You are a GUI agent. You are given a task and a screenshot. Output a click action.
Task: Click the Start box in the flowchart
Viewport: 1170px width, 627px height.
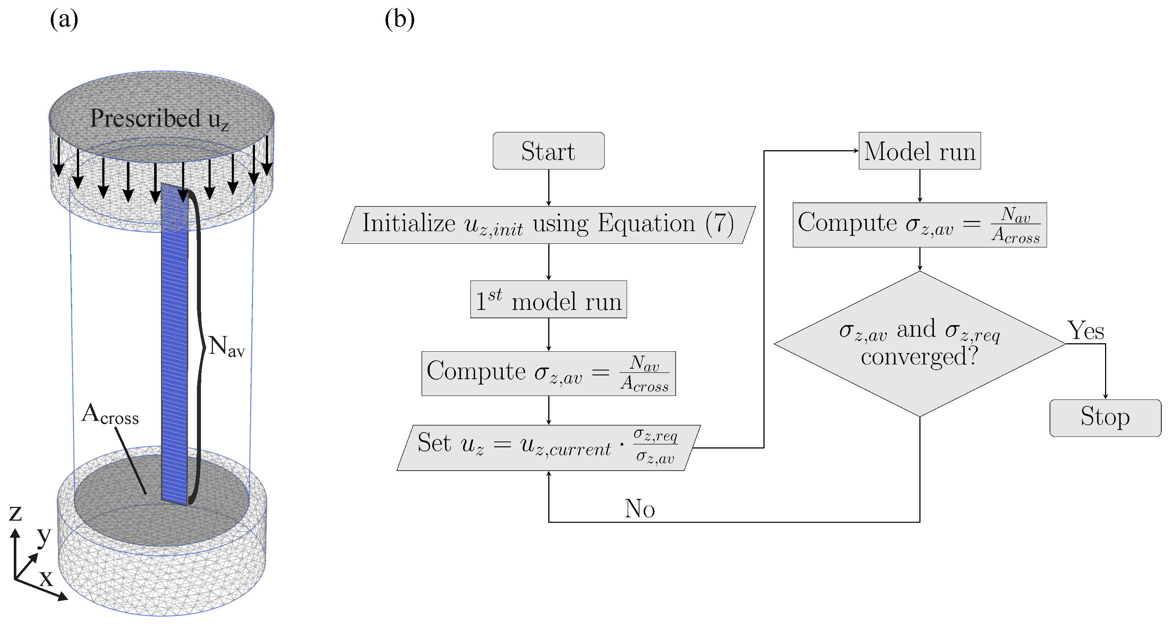(x=548, y=151)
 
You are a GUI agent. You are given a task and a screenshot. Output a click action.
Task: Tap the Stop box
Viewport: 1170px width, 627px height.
(x=1105, y=418)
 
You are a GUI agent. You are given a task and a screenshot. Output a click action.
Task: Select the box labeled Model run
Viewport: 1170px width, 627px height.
(x=919, y=151)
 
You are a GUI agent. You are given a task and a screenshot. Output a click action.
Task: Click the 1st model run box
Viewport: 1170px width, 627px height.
(x=548, y=299)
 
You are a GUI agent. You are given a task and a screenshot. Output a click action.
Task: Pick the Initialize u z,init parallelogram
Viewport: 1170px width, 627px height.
(x=548, y=225)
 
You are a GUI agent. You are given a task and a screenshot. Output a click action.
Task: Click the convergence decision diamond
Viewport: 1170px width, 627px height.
(x=919, y=344)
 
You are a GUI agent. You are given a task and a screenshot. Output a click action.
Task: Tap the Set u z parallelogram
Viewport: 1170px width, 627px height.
(x=548, y=447)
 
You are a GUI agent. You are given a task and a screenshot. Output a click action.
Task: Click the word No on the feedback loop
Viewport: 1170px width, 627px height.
(x=639, y=508)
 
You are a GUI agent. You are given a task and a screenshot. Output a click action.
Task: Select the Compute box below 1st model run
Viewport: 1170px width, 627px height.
(x=548, y=373)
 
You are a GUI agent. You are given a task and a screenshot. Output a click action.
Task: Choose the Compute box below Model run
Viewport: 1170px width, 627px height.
(x=919, y=225)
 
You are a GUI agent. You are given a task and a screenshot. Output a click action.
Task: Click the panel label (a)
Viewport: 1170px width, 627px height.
(x=64, y=20)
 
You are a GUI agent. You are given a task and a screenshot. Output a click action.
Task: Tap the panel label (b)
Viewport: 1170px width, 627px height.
(x=399, y=20)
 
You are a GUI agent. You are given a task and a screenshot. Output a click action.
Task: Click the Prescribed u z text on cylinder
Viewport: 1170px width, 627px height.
(x=159, y=119)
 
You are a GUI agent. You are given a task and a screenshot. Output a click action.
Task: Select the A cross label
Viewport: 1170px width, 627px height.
(x=110, y=414)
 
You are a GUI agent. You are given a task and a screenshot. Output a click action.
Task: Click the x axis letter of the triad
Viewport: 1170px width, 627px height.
(x=46, y=578)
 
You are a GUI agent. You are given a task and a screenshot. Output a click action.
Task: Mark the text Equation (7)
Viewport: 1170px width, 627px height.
(x=666, y=224)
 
